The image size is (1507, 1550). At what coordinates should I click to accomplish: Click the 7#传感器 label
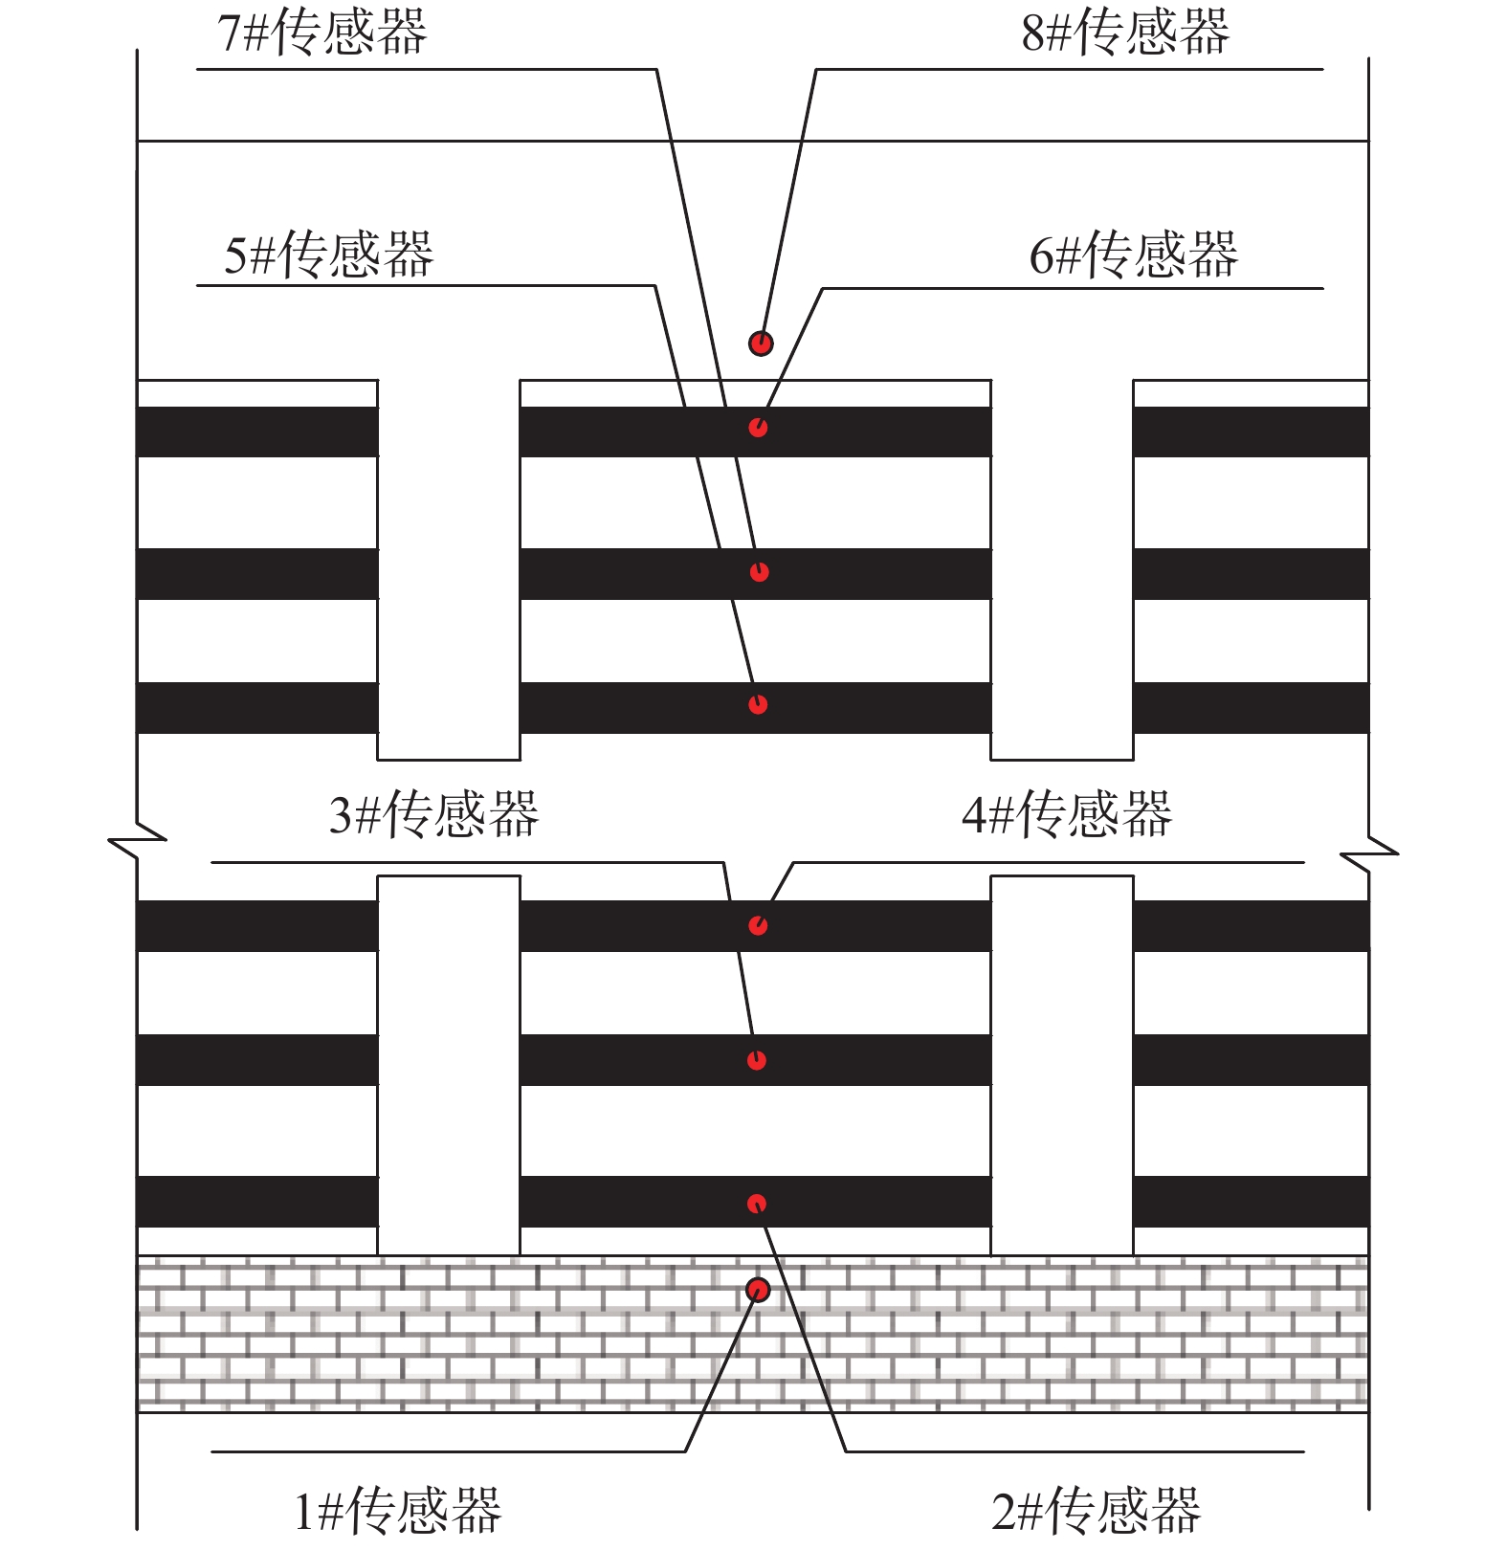322,32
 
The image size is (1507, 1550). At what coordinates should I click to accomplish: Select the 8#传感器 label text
1125,32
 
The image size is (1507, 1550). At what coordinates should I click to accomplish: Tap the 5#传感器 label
329,255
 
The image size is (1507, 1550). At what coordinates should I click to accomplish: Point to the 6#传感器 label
1134,255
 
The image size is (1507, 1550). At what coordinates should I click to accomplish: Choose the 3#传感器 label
434,814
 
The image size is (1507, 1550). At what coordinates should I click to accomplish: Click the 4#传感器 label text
1067,814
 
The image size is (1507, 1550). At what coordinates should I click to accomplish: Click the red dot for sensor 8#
761,343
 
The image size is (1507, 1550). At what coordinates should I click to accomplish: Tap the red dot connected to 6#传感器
758,427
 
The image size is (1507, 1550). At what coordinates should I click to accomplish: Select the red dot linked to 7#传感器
760,572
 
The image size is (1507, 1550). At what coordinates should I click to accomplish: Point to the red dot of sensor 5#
758,704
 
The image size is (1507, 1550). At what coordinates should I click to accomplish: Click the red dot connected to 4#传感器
758,925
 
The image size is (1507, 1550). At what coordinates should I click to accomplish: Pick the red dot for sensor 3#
757,1060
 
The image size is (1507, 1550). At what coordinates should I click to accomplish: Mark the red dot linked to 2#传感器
757,1204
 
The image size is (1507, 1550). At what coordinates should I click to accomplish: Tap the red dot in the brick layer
758,1291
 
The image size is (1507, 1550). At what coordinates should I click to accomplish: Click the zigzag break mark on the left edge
138,841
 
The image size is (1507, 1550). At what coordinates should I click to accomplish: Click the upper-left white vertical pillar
449,570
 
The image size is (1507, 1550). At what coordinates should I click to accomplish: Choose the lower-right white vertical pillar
1062,1065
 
